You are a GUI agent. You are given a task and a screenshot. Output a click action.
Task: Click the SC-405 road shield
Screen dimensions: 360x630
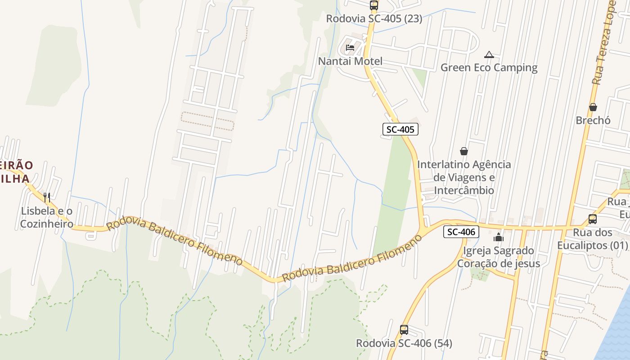tap(400, 130)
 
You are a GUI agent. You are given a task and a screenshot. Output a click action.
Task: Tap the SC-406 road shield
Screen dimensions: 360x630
tap(461, 232)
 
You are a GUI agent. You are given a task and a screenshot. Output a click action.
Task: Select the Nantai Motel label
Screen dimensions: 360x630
tap(350, 61)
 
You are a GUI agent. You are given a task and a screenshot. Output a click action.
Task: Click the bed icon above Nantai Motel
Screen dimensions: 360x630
tap(350, 48)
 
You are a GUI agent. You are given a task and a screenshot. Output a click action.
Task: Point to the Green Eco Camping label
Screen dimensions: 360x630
tap(489, 68)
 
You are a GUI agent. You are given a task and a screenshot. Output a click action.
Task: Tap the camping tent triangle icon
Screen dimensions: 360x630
tap(489, 55)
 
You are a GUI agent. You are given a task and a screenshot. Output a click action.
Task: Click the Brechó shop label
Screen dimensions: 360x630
tap(593, 121)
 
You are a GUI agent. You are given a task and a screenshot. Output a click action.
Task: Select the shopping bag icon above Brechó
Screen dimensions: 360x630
tap(593, 107)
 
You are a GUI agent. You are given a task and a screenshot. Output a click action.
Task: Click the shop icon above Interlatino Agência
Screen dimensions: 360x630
tap(464, 151)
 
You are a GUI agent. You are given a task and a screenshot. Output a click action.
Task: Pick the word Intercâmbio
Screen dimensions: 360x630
tap(464, 190)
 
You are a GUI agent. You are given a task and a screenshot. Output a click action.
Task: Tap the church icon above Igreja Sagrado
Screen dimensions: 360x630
tap(499, 237)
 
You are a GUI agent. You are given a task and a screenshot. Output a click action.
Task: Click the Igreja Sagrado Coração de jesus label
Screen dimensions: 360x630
tap(499, 257)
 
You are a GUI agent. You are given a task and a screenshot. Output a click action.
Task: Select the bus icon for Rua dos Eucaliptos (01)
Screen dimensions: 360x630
tap(593, 219)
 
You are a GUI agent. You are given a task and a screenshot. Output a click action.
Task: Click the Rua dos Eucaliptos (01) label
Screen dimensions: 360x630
tap(592, 239)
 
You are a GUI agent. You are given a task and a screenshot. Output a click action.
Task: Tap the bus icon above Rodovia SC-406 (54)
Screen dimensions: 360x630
tap(404, 330)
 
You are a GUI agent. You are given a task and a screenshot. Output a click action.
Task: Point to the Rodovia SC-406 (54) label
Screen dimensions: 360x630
tap(404, 343)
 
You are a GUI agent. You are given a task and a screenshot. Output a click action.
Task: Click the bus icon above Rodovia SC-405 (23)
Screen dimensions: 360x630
tap(374, 5)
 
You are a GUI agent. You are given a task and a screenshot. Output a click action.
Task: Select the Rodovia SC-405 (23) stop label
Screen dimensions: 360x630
tap(374, 19)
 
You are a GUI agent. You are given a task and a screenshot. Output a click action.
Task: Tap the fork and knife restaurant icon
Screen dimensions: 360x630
tap(47, 197)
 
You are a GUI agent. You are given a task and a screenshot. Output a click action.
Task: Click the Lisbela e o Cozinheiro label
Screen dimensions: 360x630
tap(47, 217)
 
